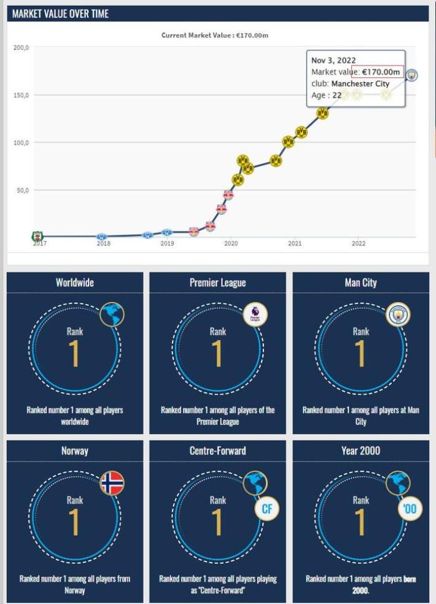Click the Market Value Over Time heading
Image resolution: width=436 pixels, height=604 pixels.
click(60, 13)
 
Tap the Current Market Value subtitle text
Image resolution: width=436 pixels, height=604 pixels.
click(215, 35)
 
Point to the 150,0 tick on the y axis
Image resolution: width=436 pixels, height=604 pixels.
click(21, 95)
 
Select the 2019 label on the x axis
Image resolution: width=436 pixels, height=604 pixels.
click(167, 243)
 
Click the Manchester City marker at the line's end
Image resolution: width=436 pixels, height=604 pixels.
click(412, 75)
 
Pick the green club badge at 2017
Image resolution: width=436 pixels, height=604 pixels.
click(37, 237)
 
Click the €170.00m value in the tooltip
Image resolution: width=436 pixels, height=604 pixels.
click(381, 72)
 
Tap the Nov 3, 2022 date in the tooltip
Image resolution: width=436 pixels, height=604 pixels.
click(333, 60)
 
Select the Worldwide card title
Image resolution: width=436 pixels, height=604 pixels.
click(75, 283)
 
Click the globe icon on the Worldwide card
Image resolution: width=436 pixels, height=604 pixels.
click(112, 314)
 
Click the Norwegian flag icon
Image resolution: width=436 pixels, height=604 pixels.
click(112, 483)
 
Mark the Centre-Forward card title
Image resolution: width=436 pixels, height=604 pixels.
click(217, 451)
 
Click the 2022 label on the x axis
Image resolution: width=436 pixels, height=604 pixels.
click(358, 243)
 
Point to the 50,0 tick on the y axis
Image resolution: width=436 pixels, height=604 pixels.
click(22, 190)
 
